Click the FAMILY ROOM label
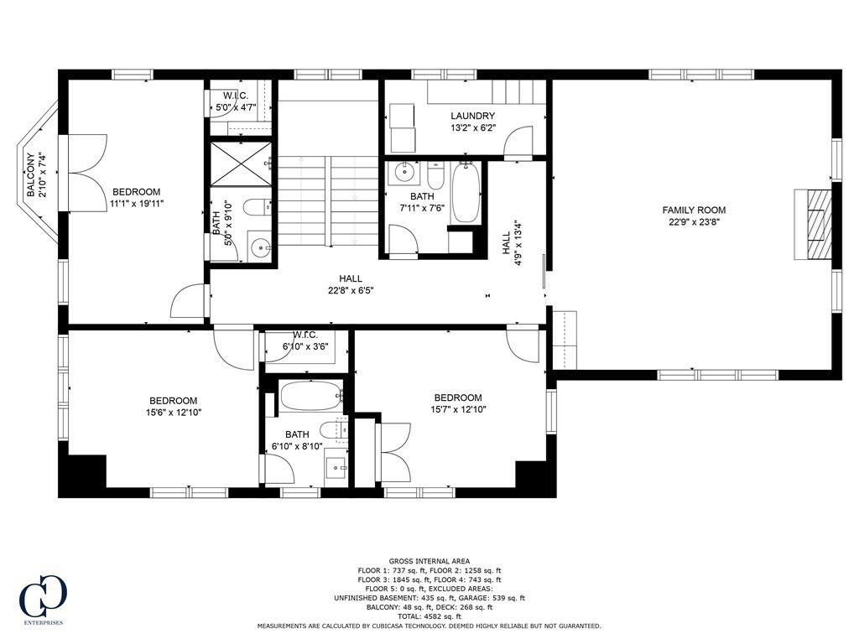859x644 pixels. [694, 210]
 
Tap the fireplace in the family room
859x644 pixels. [814, 225]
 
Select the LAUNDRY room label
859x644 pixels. [472, 117]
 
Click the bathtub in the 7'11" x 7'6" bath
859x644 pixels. [466, 193]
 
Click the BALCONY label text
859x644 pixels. [31, 174]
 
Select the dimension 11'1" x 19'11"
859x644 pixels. [136, 203]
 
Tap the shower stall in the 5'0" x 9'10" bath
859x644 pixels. [240, 164]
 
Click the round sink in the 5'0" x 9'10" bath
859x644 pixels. [261, 247]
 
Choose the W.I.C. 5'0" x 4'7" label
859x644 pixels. [236, 101]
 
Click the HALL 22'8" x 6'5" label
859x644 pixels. [351, 284]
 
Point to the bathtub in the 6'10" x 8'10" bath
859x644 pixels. [310, 395]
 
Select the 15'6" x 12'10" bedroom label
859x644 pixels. [174, 406]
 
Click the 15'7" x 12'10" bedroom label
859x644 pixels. [458, 403]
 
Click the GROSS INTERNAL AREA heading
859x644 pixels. [429, 561]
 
